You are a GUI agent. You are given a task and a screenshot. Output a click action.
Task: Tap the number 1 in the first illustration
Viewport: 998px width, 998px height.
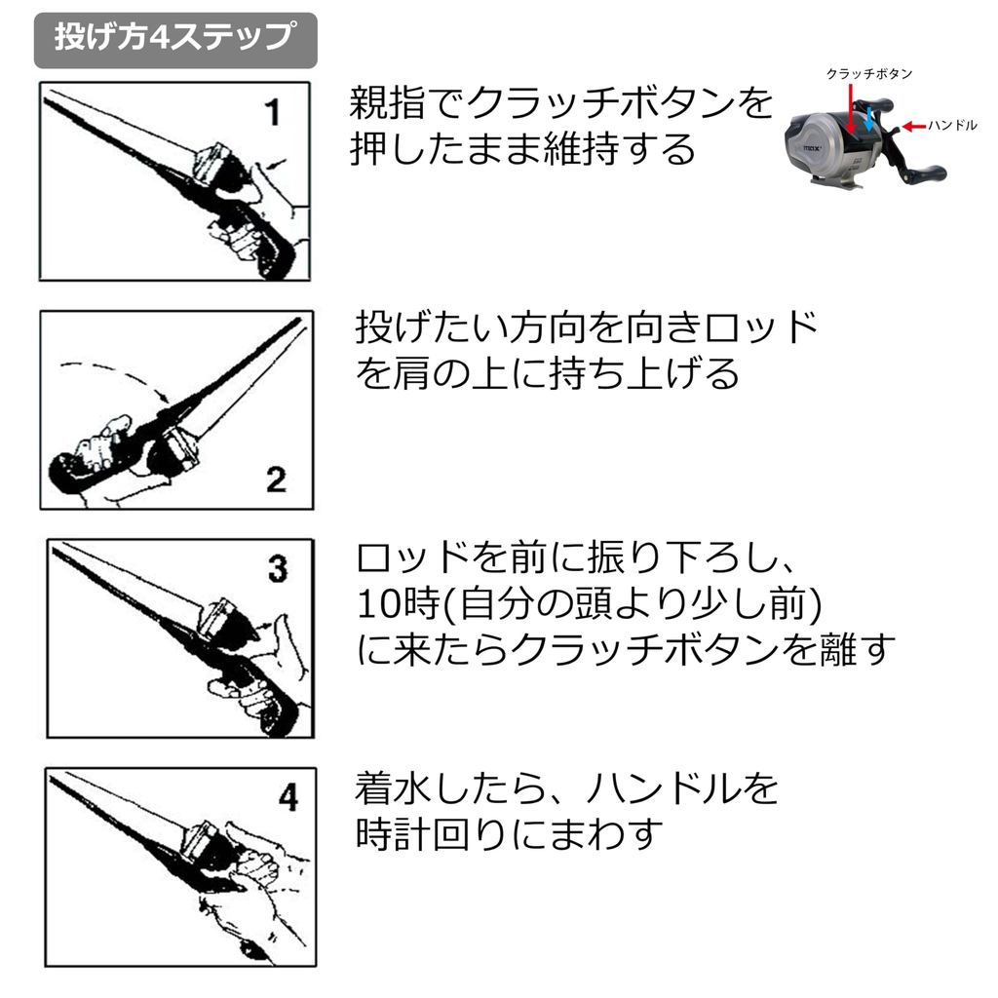273,112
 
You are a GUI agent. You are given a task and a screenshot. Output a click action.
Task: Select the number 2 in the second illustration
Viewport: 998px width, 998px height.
276,480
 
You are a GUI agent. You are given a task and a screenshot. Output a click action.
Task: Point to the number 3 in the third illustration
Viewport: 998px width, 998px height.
278,568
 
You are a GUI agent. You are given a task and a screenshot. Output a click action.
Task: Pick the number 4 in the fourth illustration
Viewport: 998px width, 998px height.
288,797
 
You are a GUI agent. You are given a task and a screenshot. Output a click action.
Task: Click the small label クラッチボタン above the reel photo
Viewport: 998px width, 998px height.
868,74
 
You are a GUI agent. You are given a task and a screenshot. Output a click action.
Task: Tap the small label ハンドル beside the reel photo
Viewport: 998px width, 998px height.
952,126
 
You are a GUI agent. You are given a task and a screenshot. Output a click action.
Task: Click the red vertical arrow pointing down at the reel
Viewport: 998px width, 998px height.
850,108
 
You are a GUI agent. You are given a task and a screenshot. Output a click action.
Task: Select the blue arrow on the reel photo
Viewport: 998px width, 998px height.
868,119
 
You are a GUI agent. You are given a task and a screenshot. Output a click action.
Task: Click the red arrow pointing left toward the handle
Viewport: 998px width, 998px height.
914,126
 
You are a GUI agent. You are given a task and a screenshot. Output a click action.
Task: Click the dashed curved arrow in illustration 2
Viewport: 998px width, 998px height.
116,378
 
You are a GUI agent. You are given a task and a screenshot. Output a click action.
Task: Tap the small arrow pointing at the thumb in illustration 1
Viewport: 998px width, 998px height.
276,164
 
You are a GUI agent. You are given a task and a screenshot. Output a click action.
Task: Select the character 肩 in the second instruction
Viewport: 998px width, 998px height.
412,373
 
